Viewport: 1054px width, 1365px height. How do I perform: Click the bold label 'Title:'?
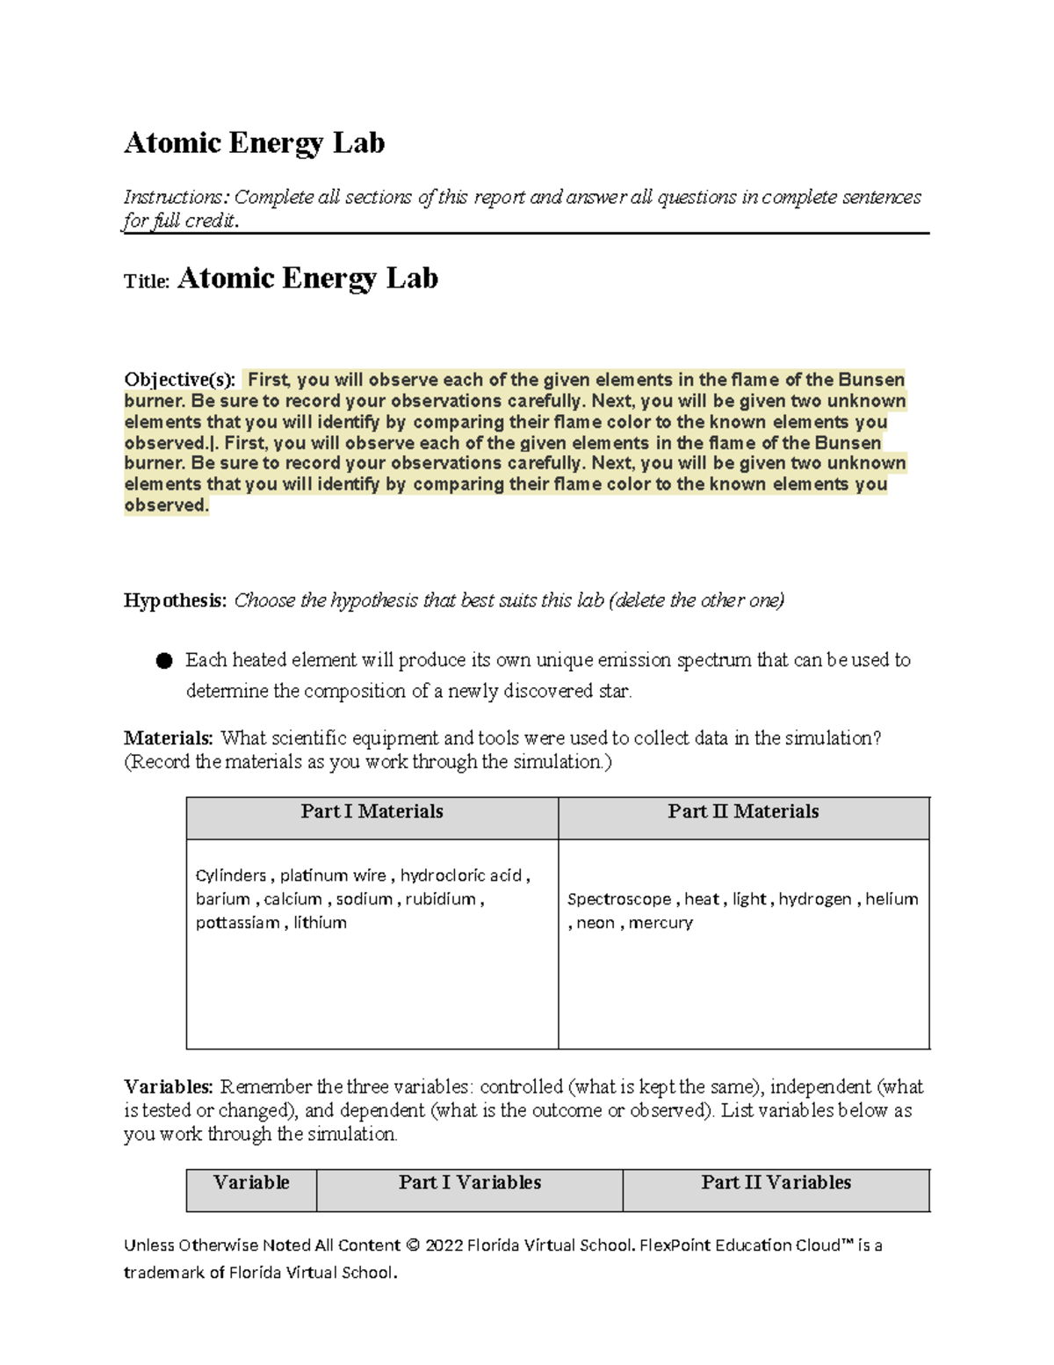(146, 282)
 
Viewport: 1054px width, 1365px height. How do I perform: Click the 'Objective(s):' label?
(179, 380)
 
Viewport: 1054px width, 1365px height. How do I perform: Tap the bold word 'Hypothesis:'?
(175, 600)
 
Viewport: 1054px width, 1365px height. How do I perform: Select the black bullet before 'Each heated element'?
(164, 661)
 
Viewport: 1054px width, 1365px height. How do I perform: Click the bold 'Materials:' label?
(168, 738)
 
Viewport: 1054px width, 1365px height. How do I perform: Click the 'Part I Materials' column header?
(372, 811)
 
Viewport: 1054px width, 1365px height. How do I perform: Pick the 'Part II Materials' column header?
(743, 811)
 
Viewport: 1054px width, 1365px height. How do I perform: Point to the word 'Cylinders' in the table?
(231, 875)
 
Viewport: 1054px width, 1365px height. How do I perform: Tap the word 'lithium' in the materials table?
(320, 923)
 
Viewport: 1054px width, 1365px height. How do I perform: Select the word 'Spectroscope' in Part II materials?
(619, 899)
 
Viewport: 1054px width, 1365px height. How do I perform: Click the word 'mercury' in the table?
(661, 923)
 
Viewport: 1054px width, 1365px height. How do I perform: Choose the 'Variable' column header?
(251, 1183)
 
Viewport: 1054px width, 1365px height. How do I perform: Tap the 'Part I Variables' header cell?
(470, 1183)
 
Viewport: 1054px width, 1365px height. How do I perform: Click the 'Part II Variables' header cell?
(776, 1183)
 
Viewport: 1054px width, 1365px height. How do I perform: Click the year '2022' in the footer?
(444, 1245)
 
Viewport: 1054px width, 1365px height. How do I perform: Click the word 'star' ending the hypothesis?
(614, 692)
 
